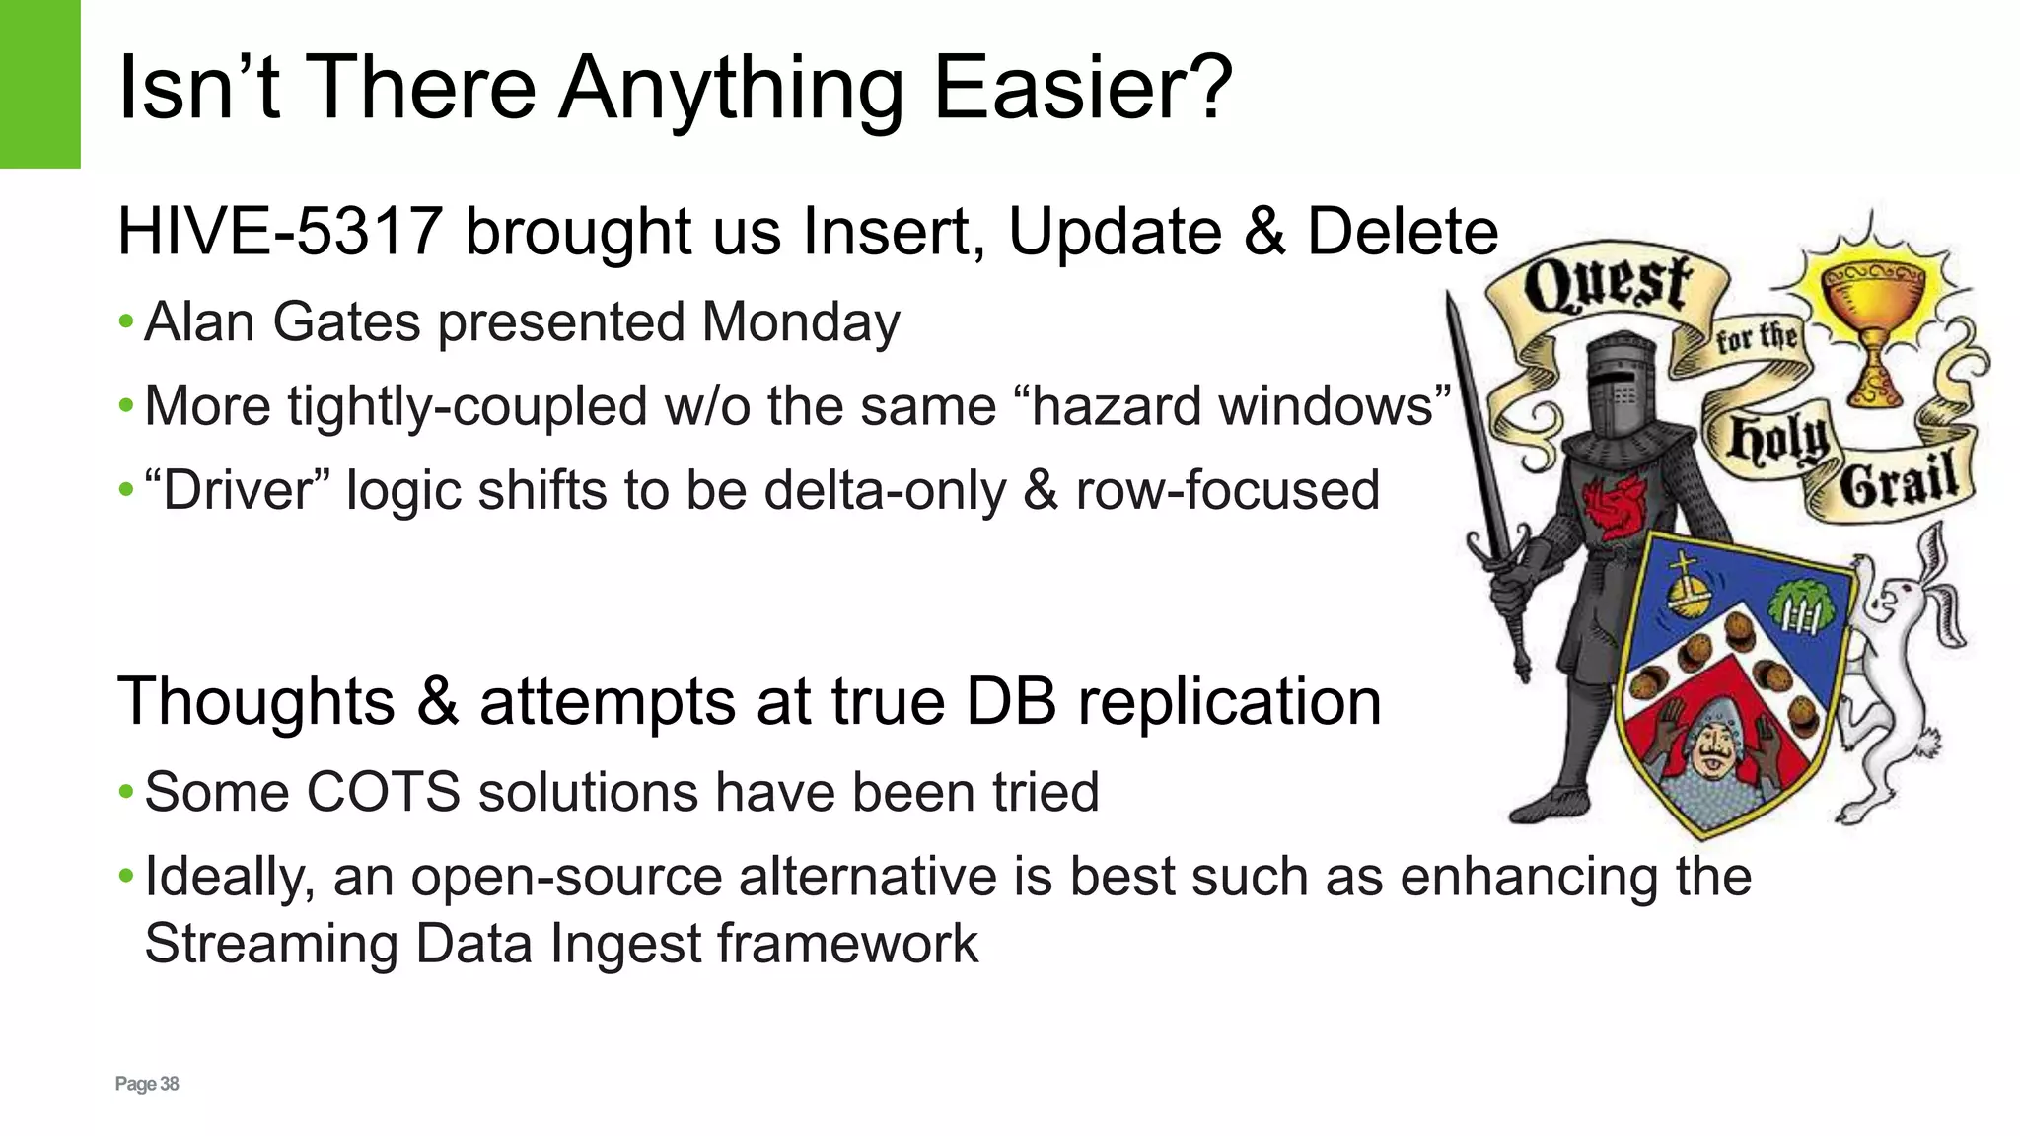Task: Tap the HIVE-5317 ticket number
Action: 279,233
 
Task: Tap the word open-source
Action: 567,877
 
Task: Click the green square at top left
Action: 39,84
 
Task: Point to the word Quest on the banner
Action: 1608,283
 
